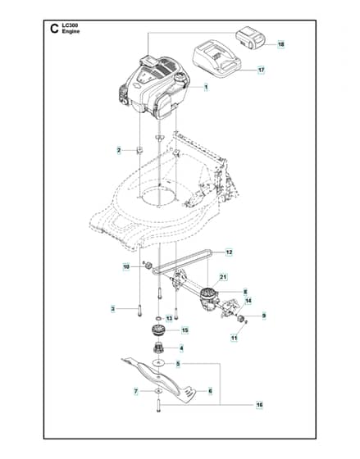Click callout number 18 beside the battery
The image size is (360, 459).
click(280, 44)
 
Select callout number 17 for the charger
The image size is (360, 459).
click(261, 70)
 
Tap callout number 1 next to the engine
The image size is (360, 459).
click(206, 87)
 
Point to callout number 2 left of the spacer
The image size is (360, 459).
click(119, 151)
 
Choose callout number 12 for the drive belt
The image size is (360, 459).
click(229, 252)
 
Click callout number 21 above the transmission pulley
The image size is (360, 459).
click(223, 277)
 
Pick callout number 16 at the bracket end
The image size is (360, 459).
click(259, 405)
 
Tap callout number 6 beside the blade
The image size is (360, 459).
click(210, 391)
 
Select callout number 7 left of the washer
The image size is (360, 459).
click(135, 392)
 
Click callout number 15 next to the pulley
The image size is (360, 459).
click(185, 330)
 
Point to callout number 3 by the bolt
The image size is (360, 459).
click(113, 309)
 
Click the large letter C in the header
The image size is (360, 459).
click(54, 29)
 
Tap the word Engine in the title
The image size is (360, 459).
click(71, 31)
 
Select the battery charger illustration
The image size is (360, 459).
click(216, 60)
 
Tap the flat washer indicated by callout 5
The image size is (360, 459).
click(158, 363)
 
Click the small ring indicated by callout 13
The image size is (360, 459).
click(158, 318)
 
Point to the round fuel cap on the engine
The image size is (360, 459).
click(180, 78)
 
